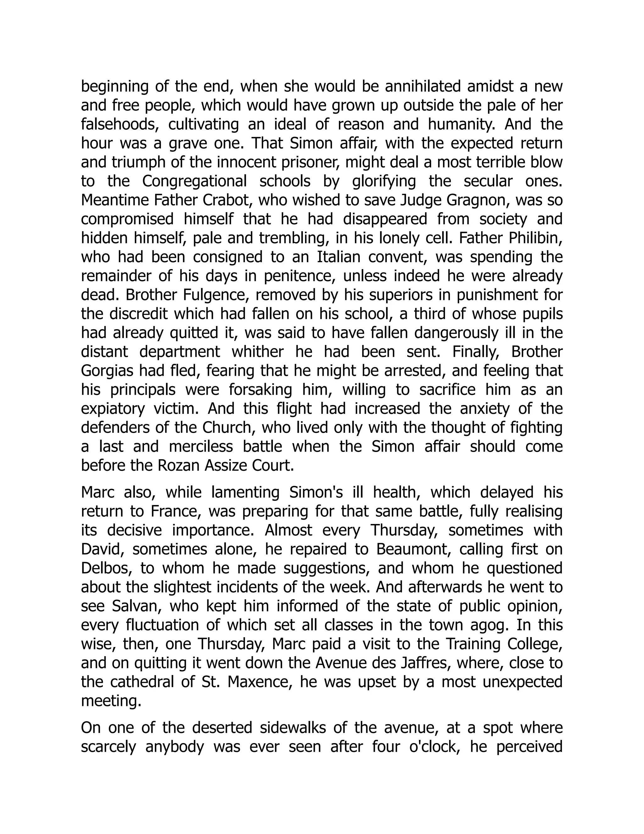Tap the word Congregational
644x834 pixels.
pyautogui.click(x=195, y=181)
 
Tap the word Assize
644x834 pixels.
pyautogui.click(x=229, y=466)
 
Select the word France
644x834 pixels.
pyautogui.click(x=175, y=512)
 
